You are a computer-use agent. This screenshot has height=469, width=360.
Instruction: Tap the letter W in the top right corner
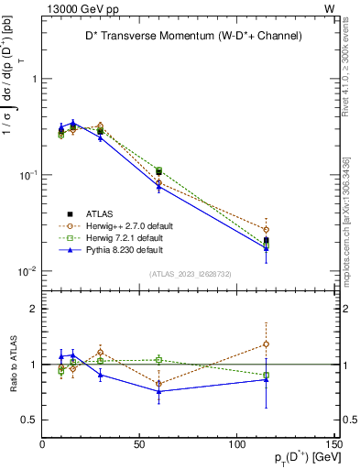coord(329,7)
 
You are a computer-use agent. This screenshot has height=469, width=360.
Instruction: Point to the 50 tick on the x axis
coord(139,445)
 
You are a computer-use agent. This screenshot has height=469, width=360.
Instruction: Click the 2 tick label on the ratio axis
coord(34,309)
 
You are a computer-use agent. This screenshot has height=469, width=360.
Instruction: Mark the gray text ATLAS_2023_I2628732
coord(189,274)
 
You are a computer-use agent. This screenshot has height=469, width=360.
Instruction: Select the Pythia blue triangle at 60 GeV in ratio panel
coord(158,391)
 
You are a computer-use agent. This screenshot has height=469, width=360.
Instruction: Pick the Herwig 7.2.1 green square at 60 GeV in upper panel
coord(158,171)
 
